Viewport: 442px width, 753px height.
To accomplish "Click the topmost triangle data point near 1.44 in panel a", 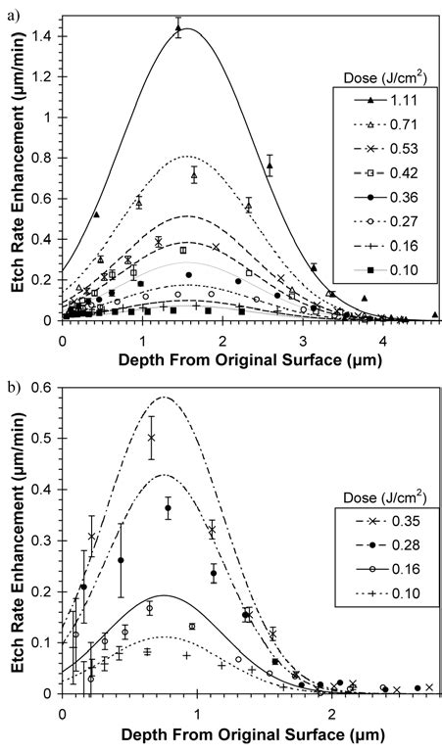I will click(178, 30).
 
